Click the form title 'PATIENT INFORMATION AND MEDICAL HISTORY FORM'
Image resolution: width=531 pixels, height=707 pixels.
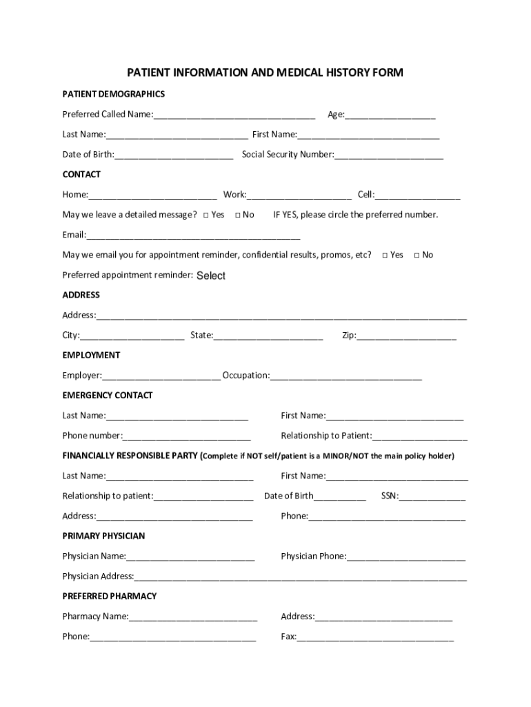coord(265,72)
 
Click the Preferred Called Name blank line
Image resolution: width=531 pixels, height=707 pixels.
coord(234,115)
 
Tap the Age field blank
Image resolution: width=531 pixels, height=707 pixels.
coord(390,115)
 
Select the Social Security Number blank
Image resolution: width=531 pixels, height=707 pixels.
coord(388,155)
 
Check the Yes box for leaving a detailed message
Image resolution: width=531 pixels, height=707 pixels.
coord(206,215)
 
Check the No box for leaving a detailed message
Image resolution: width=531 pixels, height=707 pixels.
coord(238,215)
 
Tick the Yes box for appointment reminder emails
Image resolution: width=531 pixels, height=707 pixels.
coord(385,255)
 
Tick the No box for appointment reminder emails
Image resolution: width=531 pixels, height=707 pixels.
coord(417,255)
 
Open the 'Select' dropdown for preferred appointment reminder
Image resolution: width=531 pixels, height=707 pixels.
coord(211,275)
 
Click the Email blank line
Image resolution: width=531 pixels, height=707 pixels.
coord(193,235)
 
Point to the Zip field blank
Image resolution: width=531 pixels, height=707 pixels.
coord(406,336)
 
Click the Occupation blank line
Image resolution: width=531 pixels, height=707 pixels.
coord(346,376)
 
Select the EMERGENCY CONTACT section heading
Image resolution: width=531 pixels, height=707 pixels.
coord(108,396)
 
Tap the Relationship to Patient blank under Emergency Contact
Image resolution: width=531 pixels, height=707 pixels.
coord(419,436)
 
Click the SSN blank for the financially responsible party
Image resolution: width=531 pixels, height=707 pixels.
coord(432,496)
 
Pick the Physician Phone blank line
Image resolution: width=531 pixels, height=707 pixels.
coord(406,556)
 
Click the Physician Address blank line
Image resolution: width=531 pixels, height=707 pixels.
coord(301,577)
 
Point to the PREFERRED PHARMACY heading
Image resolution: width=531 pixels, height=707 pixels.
coord(110,596)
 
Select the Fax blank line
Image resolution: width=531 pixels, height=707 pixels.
coord(375,637)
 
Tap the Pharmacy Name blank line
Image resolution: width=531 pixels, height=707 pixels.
coord(193,617)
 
